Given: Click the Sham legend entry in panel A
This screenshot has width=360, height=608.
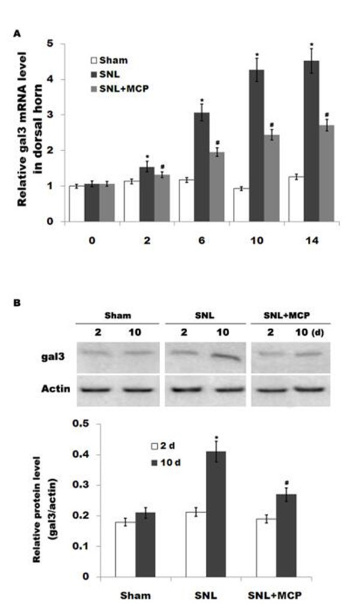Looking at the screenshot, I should (x=110, y=60).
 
